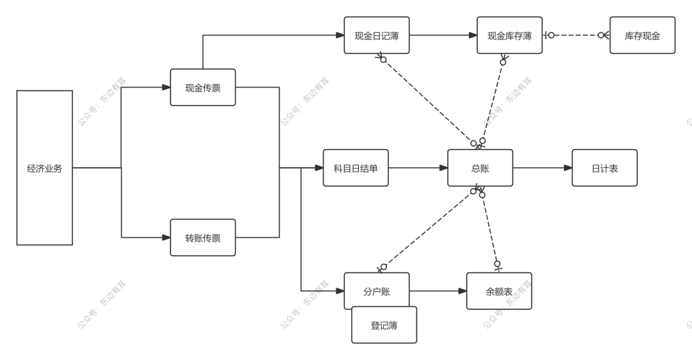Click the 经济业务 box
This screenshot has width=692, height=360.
click(44, 168)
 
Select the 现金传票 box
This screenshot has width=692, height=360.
click(202, 87)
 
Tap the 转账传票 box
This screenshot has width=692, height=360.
click(202, 238)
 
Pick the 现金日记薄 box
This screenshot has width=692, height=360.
click(376, 35)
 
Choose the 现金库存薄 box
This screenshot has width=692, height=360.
click(509, 35)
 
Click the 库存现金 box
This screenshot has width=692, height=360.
click(642, 35)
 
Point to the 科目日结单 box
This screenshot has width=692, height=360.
click(356, 168)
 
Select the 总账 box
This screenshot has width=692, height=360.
click(480, 168)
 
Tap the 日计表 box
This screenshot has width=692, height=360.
click(604, 168)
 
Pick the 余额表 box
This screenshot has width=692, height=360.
click(498, 291)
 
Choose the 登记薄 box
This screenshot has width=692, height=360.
click(384, 325)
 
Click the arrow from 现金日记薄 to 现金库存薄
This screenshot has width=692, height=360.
click(443, 35)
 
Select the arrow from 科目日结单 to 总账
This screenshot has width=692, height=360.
click(418, 168)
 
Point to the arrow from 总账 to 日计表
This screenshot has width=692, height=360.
click(542, 168)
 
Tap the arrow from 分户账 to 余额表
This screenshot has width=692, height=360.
click(438, 291)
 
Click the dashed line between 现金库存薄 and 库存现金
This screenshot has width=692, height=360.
click(576, 35)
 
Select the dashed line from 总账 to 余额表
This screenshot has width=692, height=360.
click(490, 227)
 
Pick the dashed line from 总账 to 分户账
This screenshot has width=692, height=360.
click(428, 228)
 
